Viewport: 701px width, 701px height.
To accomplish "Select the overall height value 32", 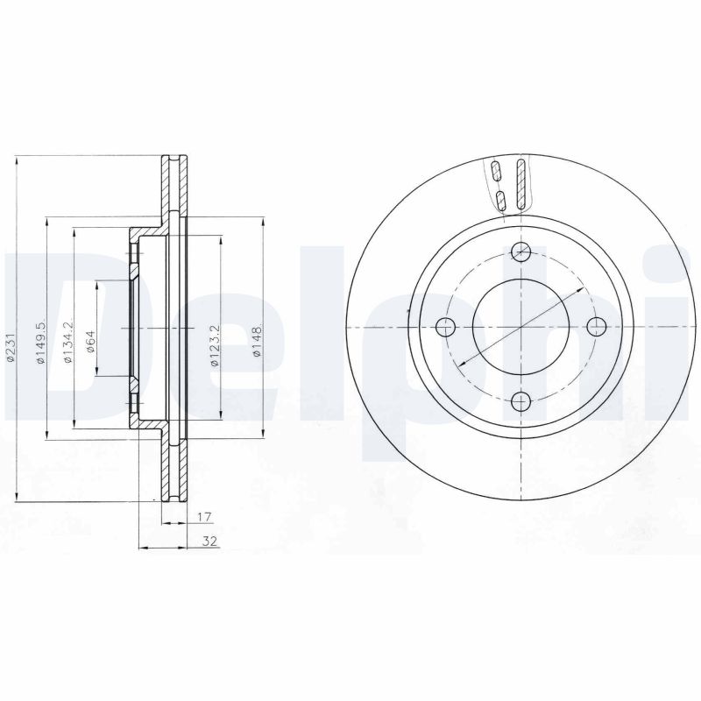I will tap(209, 542).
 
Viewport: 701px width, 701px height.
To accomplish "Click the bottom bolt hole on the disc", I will tap(521, 402).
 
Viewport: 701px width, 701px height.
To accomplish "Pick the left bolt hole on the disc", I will tap(446, 328).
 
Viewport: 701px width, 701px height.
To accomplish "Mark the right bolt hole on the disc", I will tap(596, 328).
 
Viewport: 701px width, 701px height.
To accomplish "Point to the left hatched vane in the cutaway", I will tap(497, 170).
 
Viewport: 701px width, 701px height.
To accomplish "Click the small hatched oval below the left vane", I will tap(500, 200).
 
